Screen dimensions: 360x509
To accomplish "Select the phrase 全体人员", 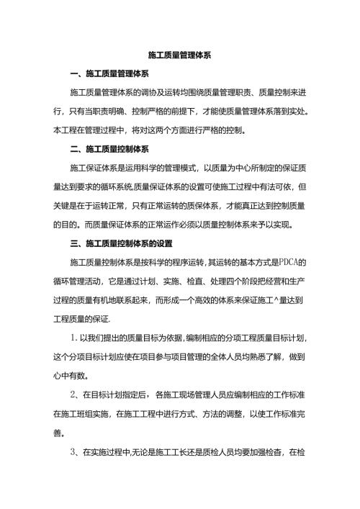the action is click(x=215, y=356).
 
